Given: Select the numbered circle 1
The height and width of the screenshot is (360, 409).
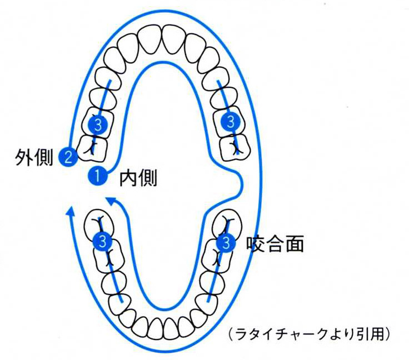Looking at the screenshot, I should click(x=97, y=176).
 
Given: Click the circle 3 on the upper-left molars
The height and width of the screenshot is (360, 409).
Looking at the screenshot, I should click(x=98, y=124).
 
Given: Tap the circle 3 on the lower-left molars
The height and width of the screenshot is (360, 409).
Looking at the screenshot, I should click(x=102, y=241).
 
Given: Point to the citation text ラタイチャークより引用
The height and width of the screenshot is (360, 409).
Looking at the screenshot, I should click(x=311, y=334).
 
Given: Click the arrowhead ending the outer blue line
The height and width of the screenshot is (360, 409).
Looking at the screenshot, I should click(x=70, y=210).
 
